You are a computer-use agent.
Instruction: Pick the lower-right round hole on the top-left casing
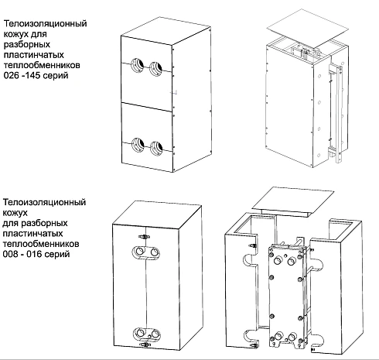(159, 144)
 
